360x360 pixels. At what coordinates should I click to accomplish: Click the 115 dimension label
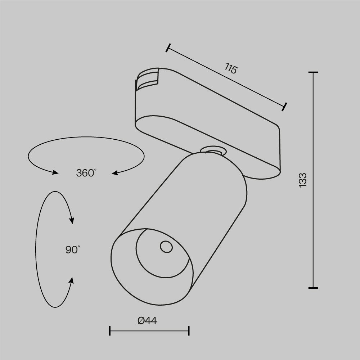(x=231, y=68)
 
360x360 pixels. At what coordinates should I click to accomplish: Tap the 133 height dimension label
(x=303, y=179)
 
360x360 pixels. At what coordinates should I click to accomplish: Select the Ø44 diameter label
(x=147, y=320)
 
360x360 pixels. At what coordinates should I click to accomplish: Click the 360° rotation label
(x=86, y=173)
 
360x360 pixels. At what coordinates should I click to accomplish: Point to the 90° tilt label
(x=73, y=249)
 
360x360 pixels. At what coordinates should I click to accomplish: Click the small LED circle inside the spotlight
(x=166, y=247)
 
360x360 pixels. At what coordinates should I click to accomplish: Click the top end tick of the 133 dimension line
(x=313, y=72)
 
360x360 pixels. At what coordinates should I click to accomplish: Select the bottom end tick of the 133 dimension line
(x=313, y=288)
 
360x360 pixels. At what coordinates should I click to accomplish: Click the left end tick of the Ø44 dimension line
(x=110, y=331)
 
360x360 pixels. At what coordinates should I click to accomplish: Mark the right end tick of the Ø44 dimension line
(x=189, y=331)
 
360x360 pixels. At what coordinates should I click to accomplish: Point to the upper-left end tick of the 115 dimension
(x=168, y=48)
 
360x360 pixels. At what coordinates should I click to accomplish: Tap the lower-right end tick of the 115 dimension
(x=285, y=107)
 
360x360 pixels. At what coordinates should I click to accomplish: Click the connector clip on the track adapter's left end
(x=148, y=79)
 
